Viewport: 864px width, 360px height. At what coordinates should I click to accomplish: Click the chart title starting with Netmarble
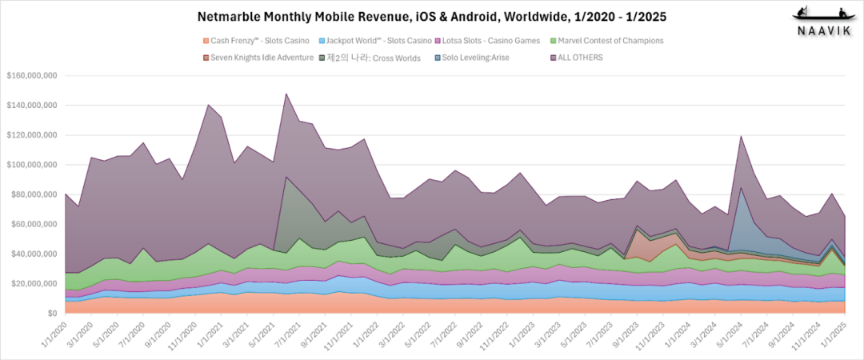point(431,16)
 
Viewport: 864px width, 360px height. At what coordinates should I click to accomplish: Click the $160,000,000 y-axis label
point(30,76)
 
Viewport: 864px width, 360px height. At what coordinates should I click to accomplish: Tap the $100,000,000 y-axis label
point(30,165)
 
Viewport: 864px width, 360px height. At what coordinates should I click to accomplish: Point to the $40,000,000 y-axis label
point(33,254)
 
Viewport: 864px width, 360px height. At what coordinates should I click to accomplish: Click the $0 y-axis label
point(50,314)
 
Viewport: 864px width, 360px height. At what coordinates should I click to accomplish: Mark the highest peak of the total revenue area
point(286,94)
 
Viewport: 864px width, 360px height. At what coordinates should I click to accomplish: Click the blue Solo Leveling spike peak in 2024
point(742,188)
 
